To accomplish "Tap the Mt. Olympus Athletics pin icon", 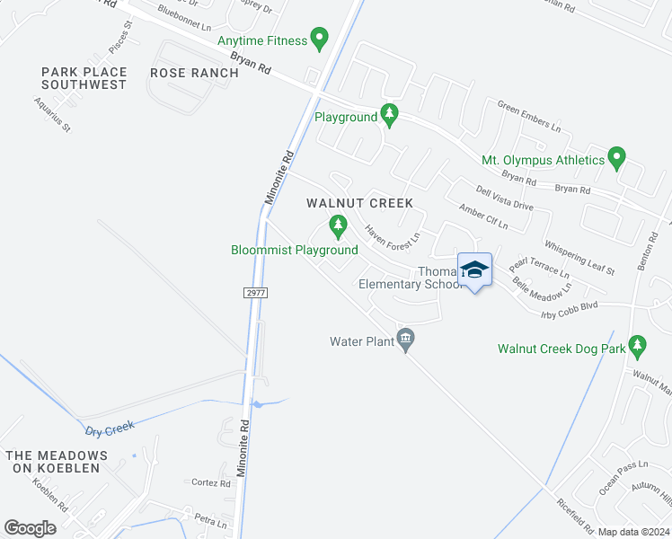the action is [x=616, y=159].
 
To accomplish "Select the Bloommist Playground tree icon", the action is [x=338, y=227].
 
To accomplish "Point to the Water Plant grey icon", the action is [x=405, y=340].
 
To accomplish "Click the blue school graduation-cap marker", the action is [x=474, y=269].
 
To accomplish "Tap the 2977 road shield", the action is [x=256, y=293].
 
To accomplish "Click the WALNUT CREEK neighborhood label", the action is [x=359, y=203].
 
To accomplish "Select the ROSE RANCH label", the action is [x=194, y=73].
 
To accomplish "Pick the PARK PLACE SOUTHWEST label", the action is [x=84, y=78].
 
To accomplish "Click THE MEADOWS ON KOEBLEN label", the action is [x=57, y=463].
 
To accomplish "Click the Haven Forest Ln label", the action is [x=393, y=237].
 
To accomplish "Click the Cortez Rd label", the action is [x=211, y=482].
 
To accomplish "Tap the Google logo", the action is [x=31, y=528].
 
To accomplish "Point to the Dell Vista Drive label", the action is [x=504, y=199].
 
